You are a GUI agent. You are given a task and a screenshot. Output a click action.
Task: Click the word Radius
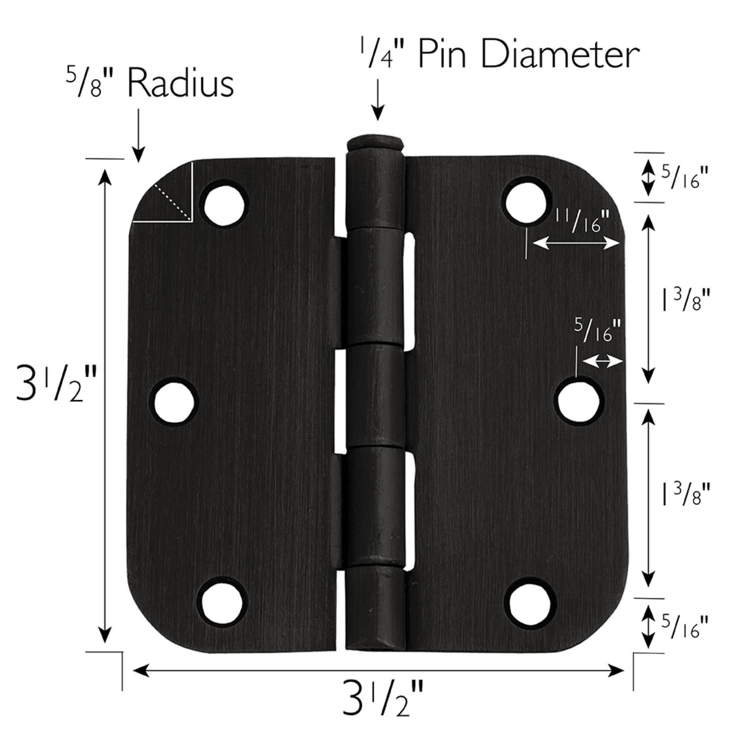[x=181, y=84]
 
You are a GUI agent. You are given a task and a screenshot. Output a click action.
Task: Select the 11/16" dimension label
[x=581, y=221]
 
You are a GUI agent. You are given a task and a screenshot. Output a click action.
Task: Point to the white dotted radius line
[x=173, y=202]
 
